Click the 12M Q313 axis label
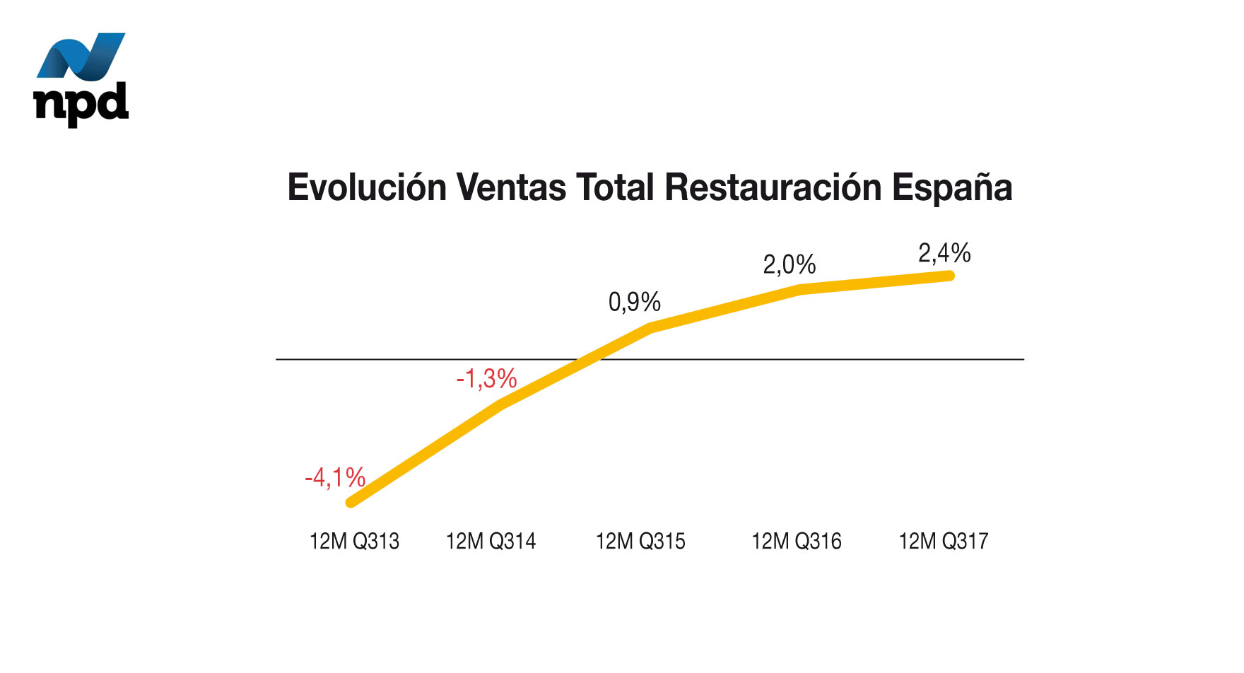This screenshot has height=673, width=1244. point(354,542)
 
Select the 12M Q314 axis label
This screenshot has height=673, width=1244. point(491,542)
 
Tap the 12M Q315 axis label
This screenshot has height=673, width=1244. point(640,542)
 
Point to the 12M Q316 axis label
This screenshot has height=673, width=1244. point(797,542)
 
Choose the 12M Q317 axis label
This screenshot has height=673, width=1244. point(943,542)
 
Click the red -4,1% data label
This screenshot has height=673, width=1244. point(335,478)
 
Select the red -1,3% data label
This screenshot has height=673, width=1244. point(486,379)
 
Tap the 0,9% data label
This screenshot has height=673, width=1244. point(634,303)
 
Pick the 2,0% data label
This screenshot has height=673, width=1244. point(789,265)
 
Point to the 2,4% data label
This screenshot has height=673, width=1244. point(944,253)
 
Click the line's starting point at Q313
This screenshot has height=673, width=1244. point(351,503)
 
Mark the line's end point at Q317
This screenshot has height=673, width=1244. point(949,275)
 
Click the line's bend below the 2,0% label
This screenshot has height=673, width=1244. point(799,289)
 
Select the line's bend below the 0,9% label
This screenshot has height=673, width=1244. point(650,327)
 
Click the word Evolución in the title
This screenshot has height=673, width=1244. point(367,188)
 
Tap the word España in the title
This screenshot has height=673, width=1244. point(951,188)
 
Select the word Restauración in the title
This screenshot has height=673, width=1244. point(773,188)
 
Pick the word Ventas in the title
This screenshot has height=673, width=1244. point(511,188)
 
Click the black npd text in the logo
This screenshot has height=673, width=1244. point(81,104)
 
